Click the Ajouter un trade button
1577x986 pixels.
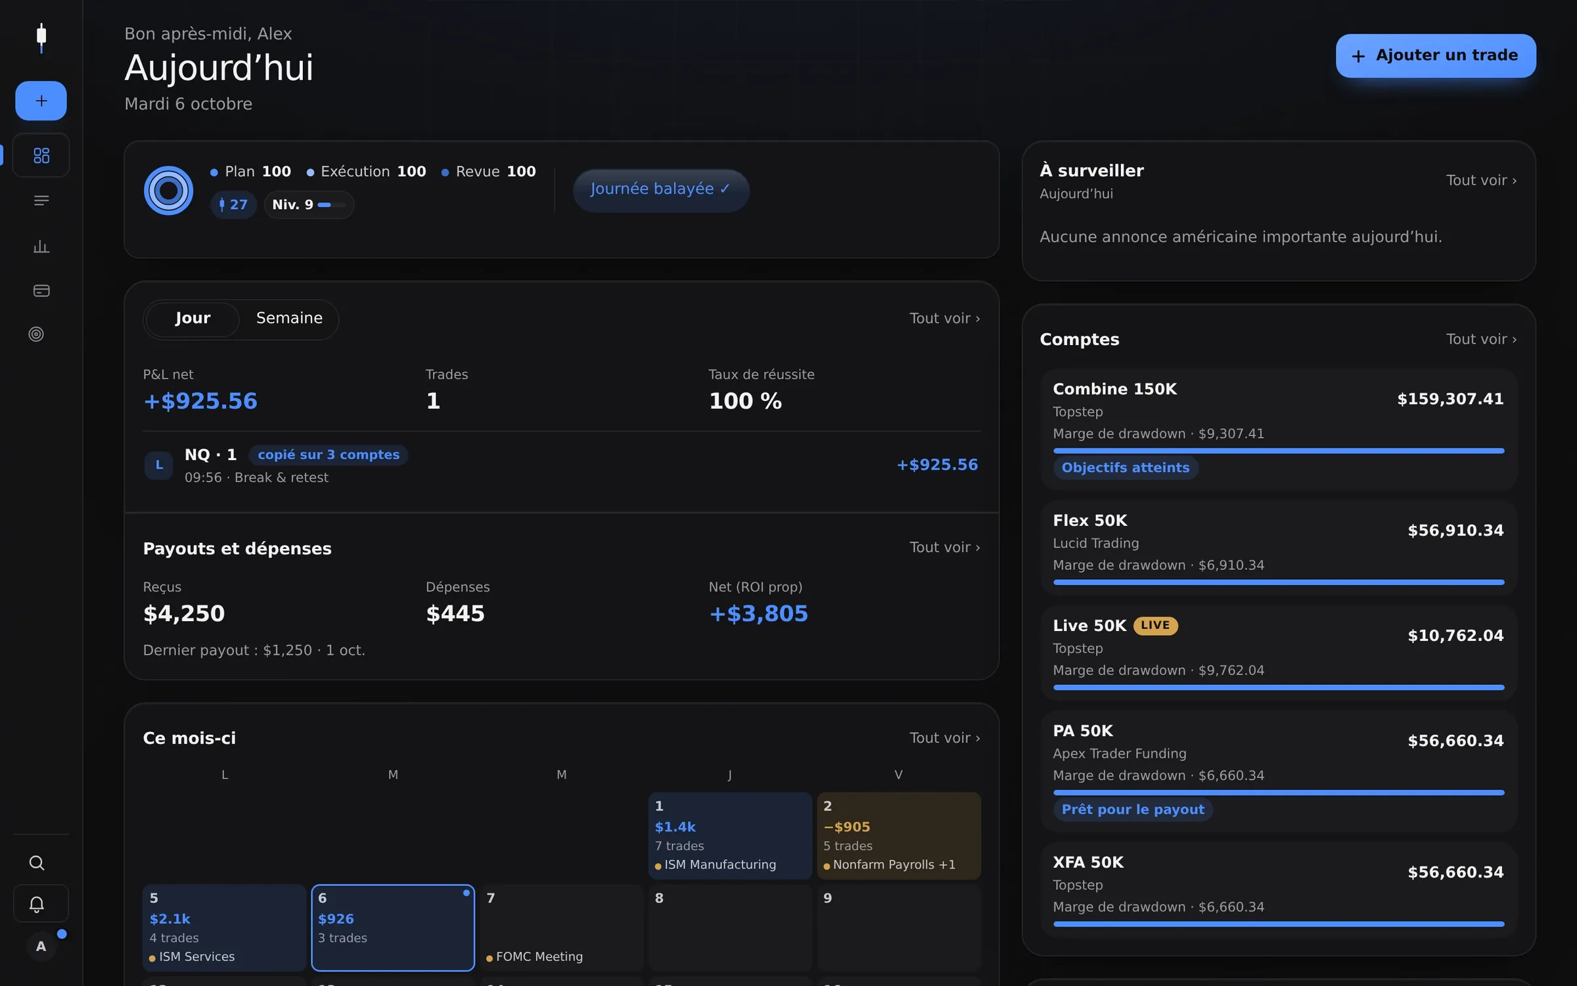pyautogui.click(x=1436, y=56)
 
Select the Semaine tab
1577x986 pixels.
pyautogui.click(x=289, y=319)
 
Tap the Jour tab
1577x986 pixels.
pyautogui.click(x=193, y=319)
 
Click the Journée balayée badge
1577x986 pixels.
pyautogui.click(x=661, y=190)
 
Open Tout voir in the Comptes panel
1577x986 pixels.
pyautogui.click(x=1481, y=339)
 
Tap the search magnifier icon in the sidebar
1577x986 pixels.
pyautogui.click(x=37, y=862)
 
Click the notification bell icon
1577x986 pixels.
pyautogui.click(x=37, y=904)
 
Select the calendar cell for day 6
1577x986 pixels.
pyautogui.click(x=393, y=927)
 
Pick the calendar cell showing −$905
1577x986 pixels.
pyautogui.click(x=899, y=835)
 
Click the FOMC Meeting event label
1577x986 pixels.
pyautogui.click(x=539, y=957)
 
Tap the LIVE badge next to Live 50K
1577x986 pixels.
pyautogui.click(x=1155, y=625)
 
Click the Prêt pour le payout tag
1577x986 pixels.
pyautogui.click(x=1133, y=809)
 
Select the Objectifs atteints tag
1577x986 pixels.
pyautogui.click(x=1126, y=467)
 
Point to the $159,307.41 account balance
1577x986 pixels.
pyautogui.click(x=1450, y=399)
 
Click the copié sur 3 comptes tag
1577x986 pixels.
pyautogui.click(x=329, y=455)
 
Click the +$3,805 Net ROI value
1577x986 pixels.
pyautogui.click(x=759, y=613)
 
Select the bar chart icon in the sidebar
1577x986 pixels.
pyautogui.click(x=41, y=246)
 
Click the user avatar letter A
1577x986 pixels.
pyautogui.click(x=41, y=946)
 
